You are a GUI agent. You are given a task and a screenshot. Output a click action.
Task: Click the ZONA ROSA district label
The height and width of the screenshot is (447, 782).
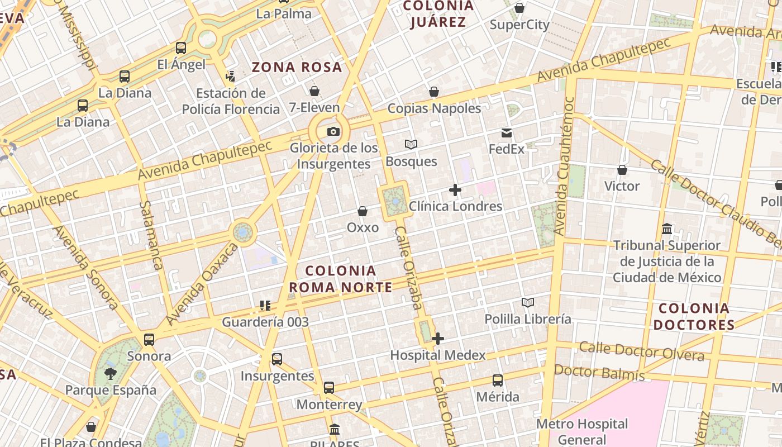(x=297, y=67)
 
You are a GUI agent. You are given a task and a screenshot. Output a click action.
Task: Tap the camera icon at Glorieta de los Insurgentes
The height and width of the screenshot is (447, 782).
(x=333, y=132)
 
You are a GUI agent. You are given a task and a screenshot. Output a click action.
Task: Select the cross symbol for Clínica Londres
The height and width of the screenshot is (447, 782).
(x=455, y=190)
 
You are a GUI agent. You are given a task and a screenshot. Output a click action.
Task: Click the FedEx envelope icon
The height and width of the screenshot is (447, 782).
(x=507, y=133)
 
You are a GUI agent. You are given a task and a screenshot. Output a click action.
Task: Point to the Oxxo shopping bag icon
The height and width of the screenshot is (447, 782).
(x=363, y=211)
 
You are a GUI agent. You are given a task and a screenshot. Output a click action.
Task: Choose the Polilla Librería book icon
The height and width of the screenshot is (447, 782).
(x=528, y=302)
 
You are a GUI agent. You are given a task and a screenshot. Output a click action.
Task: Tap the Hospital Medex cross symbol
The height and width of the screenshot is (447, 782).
(x=438, y=339)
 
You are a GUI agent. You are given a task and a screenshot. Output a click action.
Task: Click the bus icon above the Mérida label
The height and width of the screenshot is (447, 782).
(x=498, y=381)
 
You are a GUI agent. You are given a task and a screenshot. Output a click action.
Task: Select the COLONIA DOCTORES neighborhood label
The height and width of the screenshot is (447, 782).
(x=694, y=316)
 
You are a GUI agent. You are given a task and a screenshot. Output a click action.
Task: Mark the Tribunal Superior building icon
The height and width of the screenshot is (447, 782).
(x=667, y=229)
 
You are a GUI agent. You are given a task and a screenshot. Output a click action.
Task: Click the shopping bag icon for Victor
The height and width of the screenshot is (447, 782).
(x=622, y=170)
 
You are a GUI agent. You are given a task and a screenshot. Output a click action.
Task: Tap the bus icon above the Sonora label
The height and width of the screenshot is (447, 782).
(x=149, y=339)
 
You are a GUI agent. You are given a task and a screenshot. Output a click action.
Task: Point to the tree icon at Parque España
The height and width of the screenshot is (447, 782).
(x=111, y=373)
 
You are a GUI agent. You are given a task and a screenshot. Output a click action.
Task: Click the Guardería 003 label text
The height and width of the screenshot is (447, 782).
(x=265, y=322)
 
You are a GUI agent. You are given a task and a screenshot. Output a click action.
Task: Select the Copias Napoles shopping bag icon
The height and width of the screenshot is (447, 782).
(x=434, y=92)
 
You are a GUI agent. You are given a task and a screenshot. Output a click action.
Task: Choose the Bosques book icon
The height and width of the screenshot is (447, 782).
(x=411, y=145)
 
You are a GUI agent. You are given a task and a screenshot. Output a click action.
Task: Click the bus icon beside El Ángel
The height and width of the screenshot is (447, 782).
(x=181, y=48)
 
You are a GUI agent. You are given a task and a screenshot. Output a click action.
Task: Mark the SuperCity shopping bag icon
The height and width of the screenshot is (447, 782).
(x=519, y=8)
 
